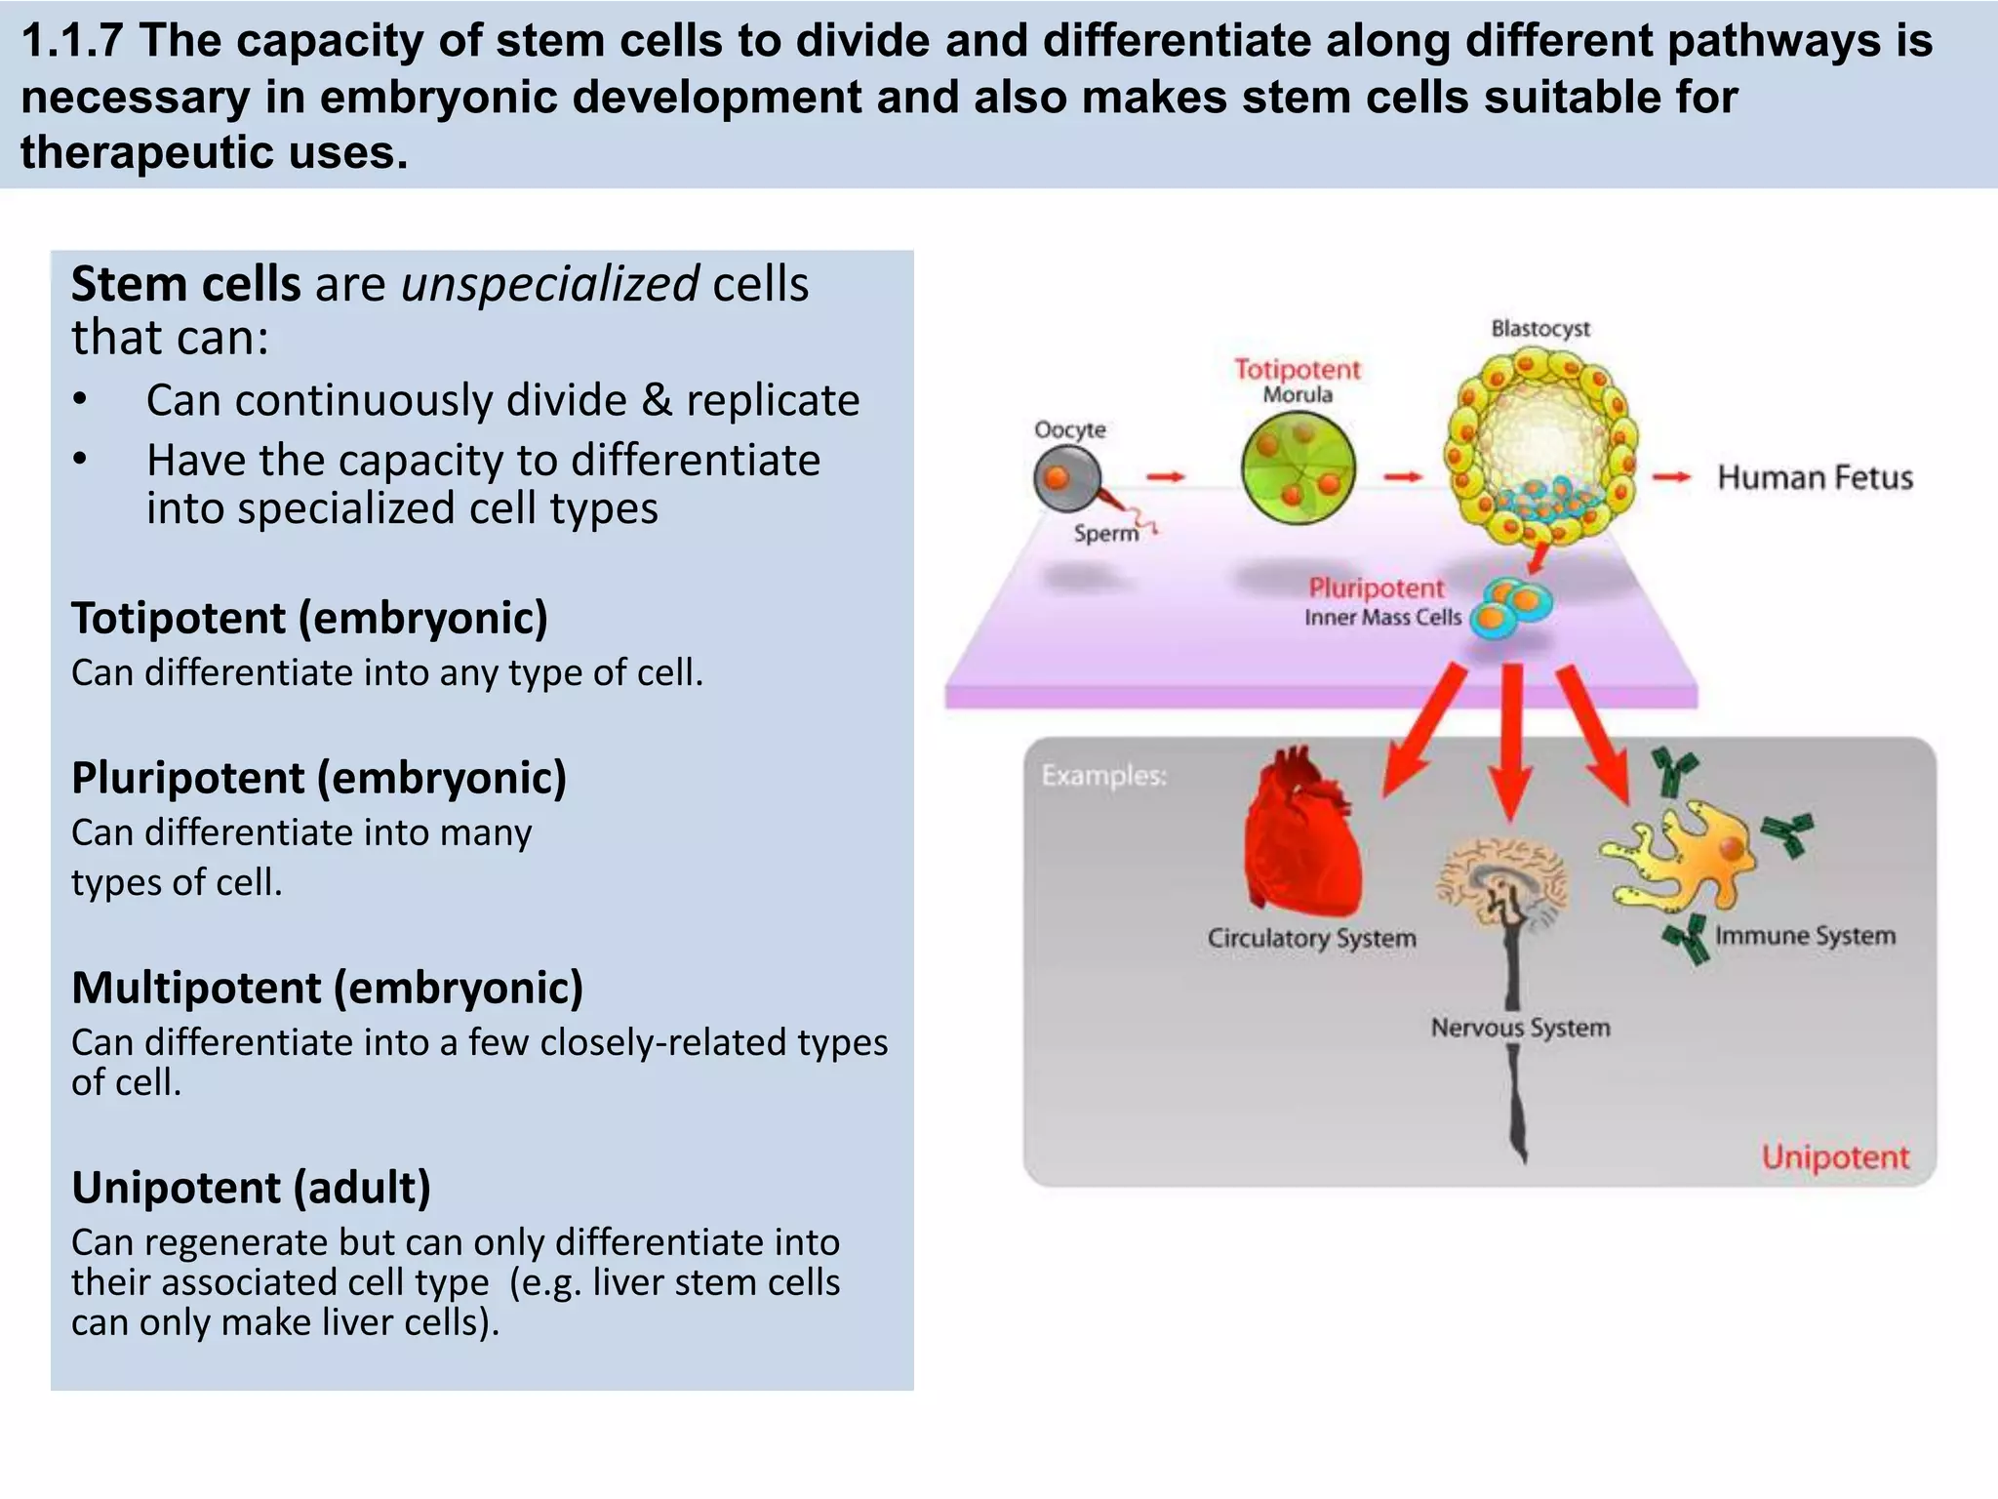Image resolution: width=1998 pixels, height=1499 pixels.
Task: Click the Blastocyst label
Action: (x=1539, y=329)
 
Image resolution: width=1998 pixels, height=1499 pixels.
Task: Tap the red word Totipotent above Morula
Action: (x=1297, y=370)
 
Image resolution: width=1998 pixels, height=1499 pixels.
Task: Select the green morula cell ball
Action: (x=1298, y=468)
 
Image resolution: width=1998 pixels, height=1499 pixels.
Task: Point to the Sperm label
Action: (x=1105, y=534)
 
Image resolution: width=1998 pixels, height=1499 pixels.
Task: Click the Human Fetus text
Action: (x=1815, y=478)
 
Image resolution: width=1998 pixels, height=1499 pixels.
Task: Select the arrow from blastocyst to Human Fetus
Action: (x=1670, y=477)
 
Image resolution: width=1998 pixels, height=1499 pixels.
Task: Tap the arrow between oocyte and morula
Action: (x=1165, y=476)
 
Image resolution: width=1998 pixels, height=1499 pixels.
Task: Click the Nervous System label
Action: (x=1520, y=1028)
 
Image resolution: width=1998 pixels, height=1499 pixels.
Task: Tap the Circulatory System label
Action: (x=1311, y=938)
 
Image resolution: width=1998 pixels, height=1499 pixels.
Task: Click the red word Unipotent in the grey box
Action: (x=1834, y=1157)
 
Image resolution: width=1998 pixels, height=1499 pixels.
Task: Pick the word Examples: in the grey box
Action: (x=1103, y=776)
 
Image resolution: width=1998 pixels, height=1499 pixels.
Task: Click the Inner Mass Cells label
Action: (x=1382, y=618)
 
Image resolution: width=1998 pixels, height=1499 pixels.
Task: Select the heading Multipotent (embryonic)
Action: (x=327, y=988)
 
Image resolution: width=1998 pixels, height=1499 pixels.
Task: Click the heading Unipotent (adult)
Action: (x=251, y=1188)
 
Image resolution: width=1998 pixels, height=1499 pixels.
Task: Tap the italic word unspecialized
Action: (x=549, y=284)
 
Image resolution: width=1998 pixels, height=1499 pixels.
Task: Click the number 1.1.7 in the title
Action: (x=72, y=41)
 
